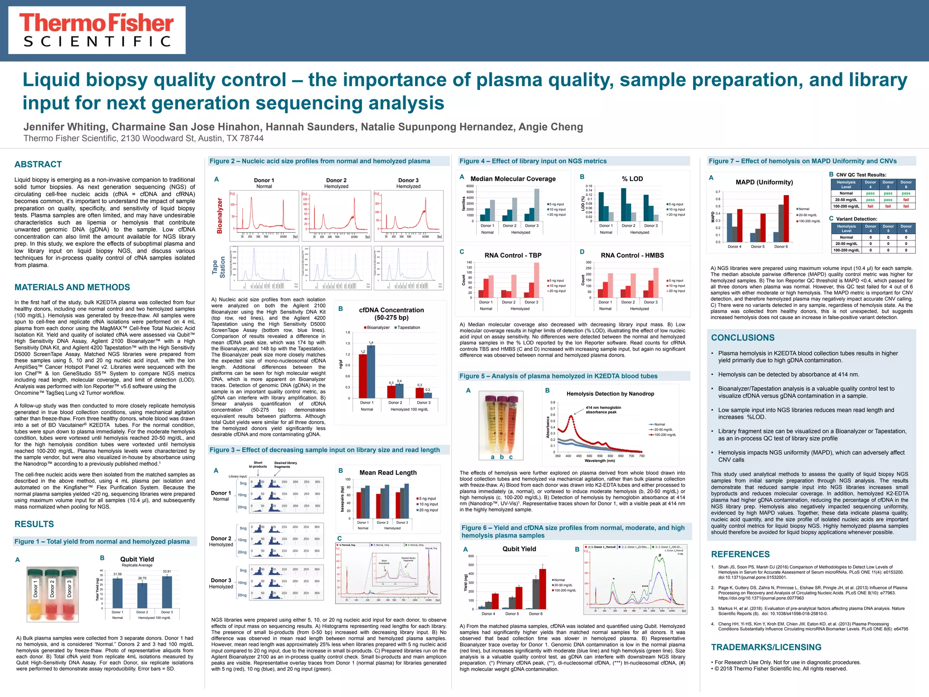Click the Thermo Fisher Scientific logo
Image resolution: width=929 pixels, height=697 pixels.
click(97, 30)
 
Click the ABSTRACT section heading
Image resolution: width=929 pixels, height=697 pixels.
click(38, 164)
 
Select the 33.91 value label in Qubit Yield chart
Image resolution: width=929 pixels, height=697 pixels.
click(166, 571)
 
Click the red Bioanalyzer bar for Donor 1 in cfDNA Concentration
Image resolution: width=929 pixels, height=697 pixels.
click(363, 376)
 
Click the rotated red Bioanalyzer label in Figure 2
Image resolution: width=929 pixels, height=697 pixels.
click(220, 216)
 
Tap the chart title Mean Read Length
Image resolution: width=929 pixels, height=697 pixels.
click(388, 472)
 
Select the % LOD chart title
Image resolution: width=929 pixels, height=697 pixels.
click(632, 179)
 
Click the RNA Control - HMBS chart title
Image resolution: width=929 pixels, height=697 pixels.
click(632, 255)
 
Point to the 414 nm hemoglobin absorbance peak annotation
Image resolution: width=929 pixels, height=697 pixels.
click(603, 410)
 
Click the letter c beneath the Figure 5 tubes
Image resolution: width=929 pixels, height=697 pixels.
click(511, 457)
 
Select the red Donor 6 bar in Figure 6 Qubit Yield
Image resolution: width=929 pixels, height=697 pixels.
click(543, 589)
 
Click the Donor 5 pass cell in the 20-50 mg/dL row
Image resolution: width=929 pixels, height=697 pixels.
click(888, 200)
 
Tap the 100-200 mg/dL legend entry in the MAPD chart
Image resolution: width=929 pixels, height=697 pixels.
click(808, 221)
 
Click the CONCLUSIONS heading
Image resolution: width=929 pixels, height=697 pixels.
click(743, 338)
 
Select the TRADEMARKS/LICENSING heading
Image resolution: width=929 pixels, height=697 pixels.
click(766, 647)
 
